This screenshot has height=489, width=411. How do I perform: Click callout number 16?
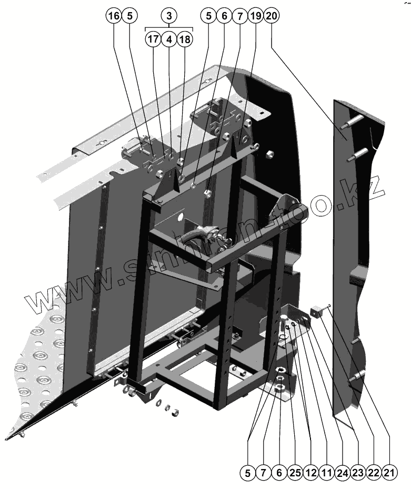coord(113,16)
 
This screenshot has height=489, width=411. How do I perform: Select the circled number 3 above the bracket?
coord(169,16)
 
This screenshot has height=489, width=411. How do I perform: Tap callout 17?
coord(153,39)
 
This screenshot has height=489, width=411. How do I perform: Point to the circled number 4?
coord(168,39)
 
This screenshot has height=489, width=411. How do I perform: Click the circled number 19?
coord(255,16)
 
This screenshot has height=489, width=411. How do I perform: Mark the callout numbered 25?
coord(295,473)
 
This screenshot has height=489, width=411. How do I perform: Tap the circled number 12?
coord(310,473)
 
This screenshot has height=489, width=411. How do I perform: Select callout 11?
coord(326,473)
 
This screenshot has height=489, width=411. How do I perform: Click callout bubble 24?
coord(342,473)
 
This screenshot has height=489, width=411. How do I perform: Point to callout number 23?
coord(358,473)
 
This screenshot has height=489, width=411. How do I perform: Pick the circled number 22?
coord(373,473)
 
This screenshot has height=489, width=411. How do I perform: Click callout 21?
coord(389,473)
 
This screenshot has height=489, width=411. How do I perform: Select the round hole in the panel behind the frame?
coord(181,216)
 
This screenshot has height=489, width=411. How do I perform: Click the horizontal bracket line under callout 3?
coord(169,28)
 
